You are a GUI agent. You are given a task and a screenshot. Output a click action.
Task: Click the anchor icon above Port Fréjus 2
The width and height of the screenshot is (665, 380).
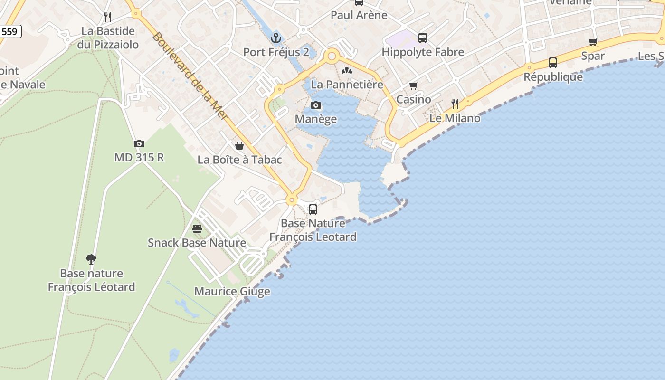(x=276, y=38)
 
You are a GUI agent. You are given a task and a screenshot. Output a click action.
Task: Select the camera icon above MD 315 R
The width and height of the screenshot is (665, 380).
(x=139, y=143)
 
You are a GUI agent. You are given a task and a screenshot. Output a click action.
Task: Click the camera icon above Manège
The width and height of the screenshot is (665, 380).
(x=316, y=105)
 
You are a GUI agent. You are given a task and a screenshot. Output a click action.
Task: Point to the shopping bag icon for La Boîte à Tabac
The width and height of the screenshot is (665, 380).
(x=239, y=146)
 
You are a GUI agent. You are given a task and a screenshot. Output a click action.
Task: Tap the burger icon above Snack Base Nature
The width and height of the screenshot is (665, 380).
(x=197, y=229)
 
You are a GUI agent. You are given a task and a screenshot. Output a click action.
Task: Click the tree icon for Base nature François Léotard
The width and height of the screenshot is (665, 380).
(x=91, y=259)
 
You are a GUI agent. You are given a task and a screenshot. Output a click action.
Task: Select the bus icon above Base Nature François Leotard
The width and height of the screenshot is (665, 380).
(x=313, y=209)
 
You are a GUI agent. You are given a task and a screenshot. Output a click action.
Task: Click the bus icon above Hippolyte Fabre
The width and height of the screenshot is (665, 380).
(x=423, y=38)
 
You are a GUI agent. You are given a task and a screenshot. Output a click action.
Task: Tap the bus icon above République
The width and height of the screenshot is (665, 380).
(x=553, y=62)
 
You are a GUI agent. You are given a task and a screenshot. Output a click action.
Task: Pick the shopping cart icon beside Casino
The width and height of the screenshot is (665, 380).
(x=414, y=86)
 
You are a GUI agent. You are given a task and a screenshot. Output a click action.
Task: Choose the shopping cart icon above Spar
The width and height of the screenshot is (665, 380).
(x=593, y=42)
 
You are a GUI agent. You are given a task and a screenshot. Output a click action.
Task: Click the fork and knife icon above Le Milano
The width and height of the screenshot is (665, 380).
(x=455, y=104)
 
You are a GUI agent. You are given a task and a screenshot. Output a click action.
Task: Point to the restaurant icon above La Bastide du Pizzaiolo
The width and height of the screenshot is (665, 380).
(x=108, y=17)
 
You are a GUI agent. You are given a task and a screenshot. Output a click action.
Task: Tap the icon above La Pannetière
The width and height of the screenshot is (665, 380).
(x=347, y=71)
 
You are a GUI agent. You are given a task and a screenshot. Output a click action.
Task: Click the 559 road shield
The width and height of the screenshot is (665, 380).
(x=9, y=32)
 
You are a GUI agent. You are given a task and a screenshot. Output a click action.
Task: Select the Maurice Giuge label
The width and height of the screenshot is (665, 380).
(x=232, y=291)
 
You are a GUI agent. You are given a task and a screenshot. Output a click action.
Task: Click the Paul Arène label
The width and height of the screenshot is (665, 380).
(x=359, y=15)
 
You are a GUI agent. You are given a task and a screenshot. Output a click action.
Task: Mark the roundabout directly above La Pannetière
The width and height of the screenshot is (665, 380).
(x=332, y=57)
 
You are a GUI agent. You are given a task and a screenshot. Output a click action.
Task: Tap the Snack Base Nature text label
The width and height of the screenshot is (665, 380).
(x=197, y=243)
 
